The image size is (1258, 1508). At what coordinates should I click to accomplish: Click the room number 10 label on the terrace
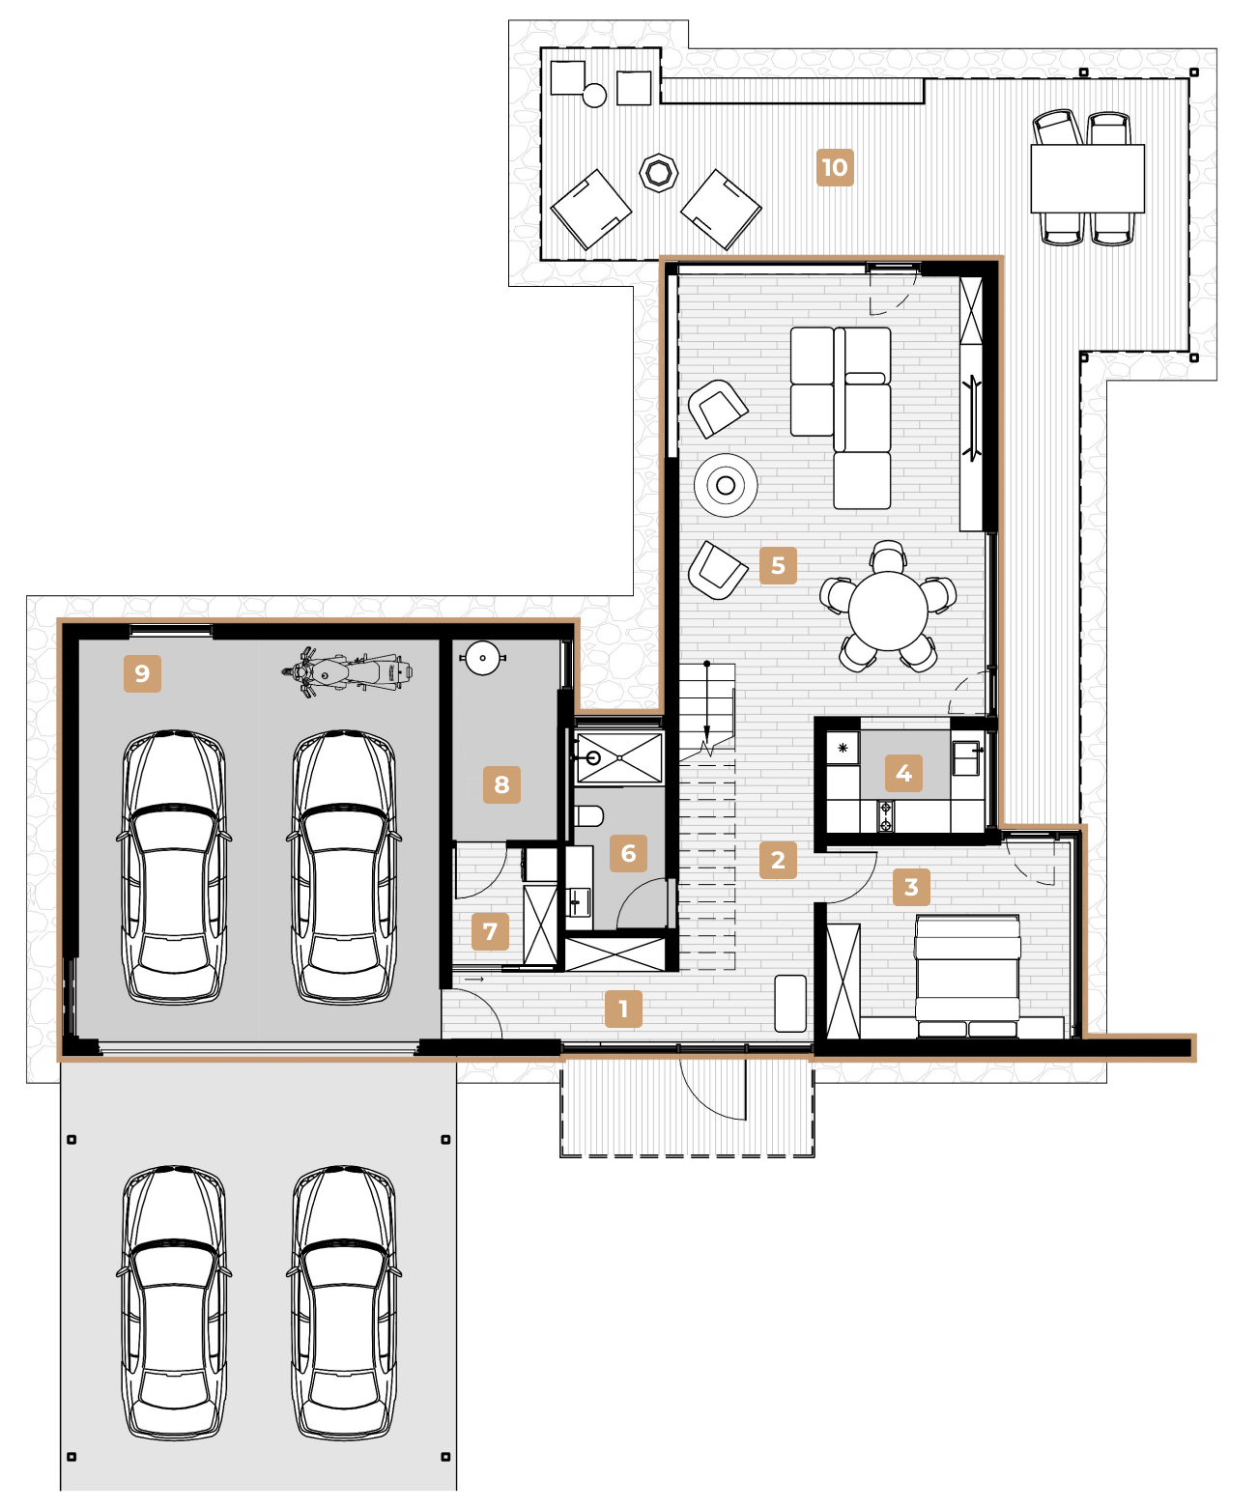click(835, 167)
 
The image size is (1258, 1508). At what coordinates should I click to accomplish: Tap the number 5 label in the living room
click(778, 565)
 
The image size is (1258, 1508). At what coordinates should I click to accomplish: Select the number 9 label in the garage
click(142, 673)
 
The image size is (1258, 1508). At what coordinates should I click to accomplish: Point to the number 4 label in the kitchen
click(903, 774)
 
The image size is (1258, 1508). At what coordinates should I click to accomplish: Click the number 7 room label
click(490, 931)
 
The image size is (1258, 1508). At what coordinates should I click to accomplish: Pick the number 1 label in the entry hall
click(623, 1009)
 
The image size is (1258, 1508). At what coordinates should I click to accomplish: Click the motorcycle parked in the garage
click(348, 672)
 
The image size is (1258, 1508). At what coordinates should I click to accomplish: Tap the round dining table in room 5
click(887, 611)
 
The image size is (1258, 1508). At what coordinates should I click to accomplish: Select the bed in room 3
click(967, 976)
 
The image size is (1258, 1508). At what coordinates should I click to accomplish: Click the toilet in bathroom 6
click(588, 816)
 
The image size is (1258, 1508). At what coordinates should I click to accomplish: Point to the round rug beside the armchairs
click(726, 485)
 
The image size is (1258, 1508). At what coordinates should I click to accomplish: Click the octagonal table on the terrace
click(658, 173)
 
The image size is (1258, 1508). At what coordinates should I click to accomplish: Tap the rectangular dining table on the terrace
click(1087, 179)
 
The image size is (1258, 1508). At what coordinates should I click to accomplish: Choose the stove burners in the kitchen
click(885, 816)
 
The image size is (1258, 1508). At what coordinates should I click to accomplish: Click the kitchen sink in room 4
click(966, 758)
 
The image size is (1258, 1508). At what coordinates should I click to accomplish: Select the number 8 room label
click(501, 784)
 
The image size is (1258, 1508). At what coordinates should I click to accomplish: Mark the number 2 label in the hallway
click(778, 860)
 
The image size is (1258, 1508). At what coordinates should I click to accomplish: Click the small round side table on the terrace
click(594, 96)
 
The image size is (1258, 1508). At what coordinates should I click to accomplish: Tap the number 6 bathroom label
click(628, 853)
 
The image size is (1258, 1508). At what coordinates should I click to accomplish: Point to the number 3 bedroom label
click(911, 887)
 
